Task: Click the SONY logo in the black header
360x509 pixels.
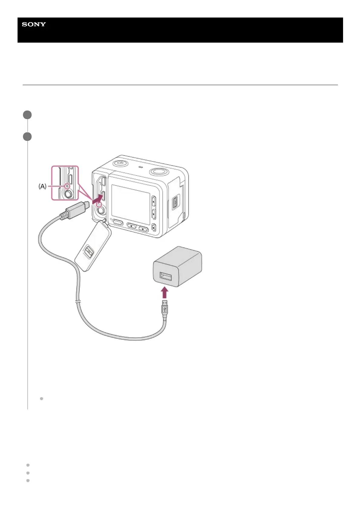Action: pos(34,24)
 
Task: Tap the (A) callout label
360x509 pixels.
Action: pos(42,186)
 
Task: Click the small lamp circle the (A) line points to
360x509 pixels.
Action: pos(67,186)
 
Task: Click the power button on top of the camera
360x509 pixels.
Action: pos(120,163)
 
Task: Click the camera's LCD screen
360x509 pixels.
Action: pos(131,204)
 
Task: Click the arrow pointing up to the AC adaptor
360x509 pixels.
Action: pos(164,292)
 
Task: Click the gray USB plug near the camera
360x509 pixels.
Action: pos(74,210)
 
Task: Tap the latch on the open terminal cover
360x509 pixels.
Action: pos(88,251)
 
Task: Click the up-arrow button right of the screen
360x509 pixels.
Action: pos(153,201)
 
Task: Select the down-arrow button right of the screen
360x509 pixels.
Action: pos(153,214)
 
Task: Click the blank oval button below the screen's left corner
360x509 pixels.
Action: pos(118,223)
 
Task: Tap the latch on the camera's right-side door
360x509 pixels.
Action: pos(175,203)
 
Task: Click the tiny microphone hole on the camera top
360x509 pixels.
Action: pos(140,167)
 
